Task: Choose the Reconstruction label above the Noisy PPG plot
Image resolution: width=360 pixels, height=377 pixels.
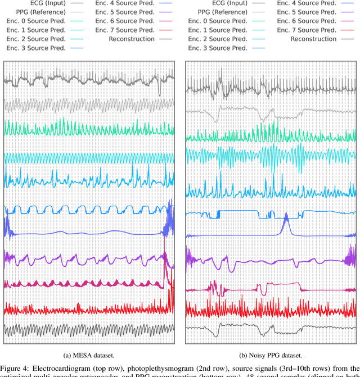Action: [312, 39]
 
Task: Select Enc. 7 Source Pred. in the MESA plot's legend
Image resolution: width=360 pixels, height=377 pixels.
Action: [125, 30]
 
